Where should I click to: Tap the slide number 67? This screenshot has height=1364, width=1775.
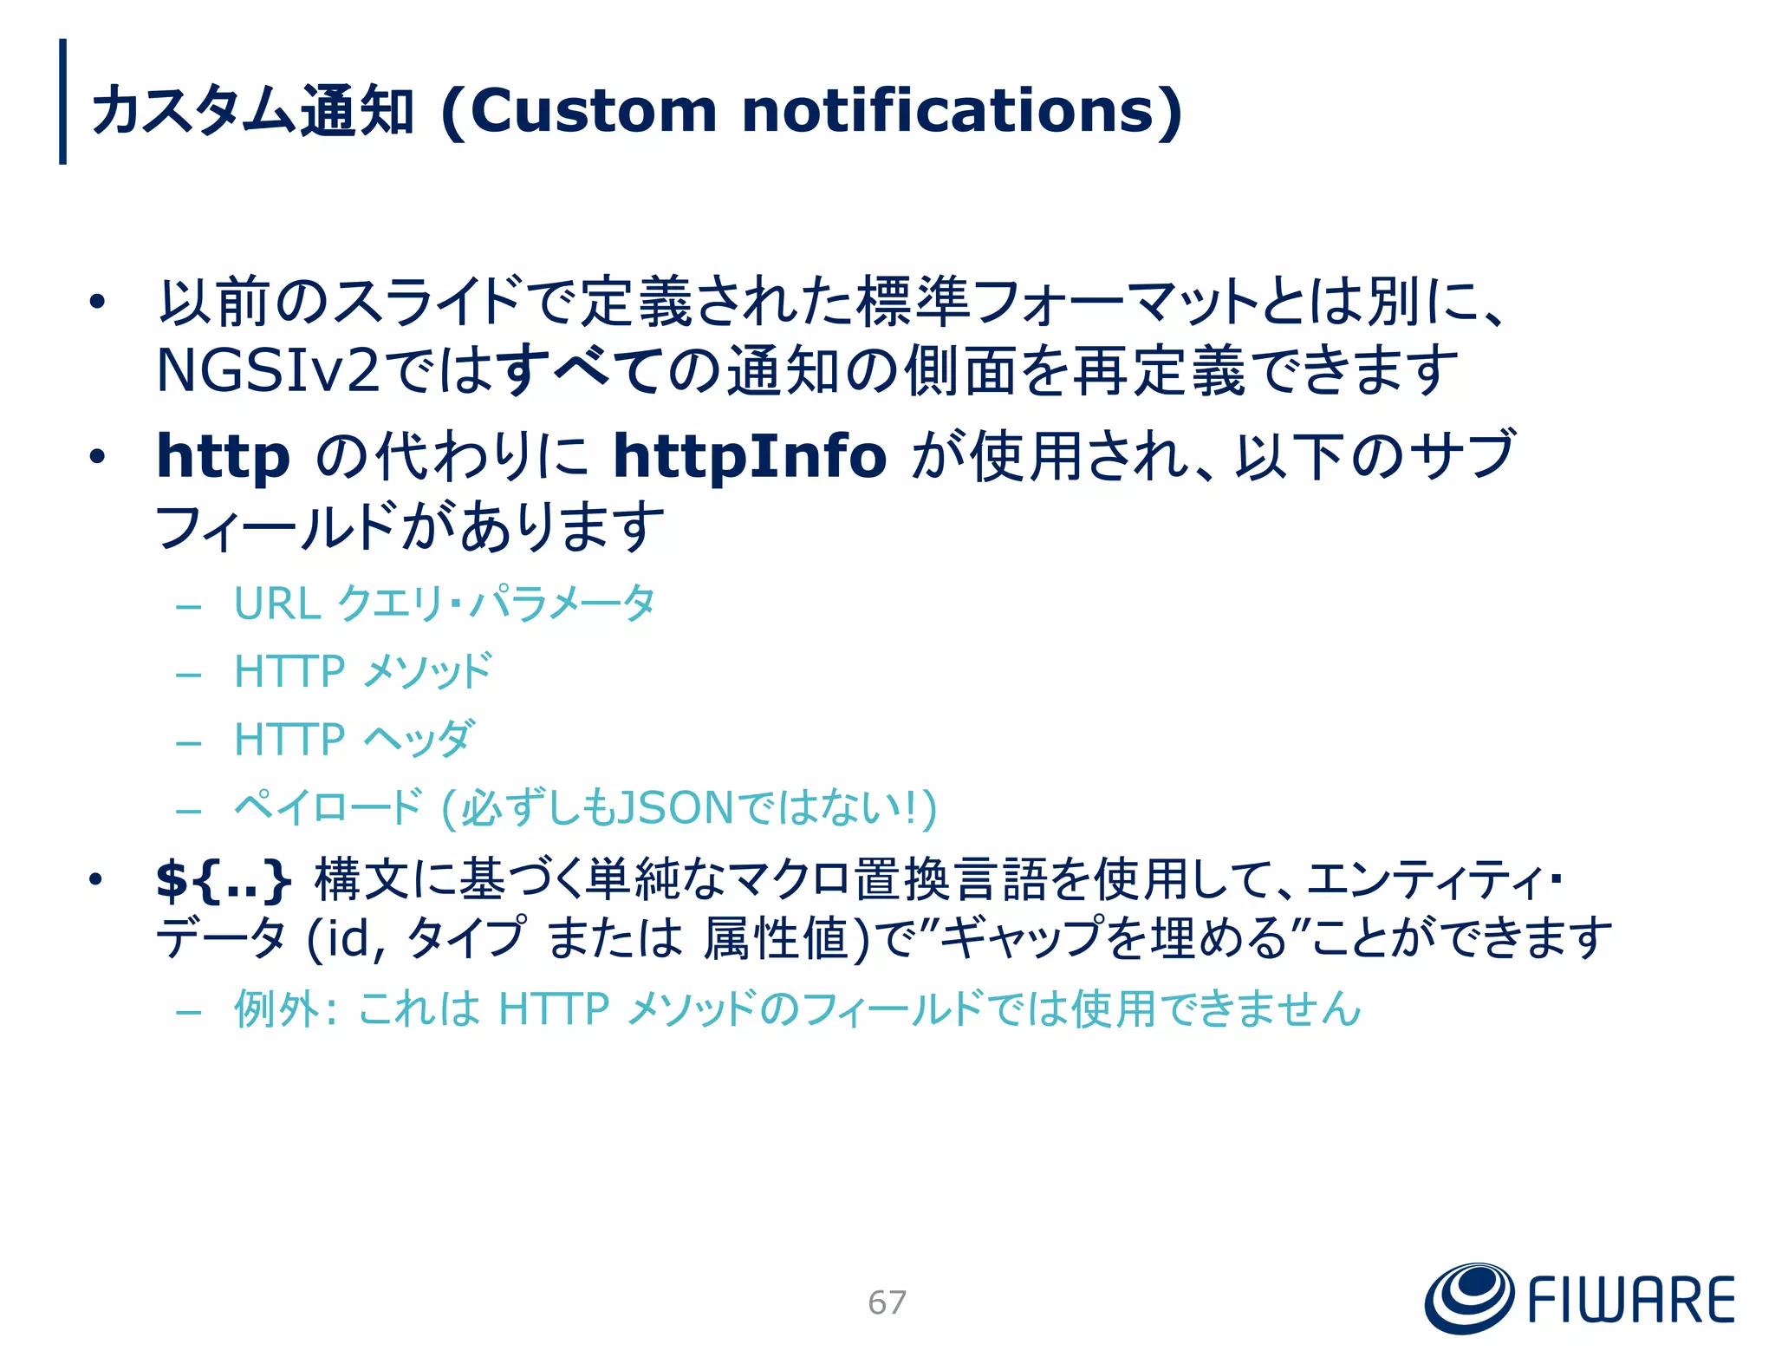(x=887, y=1302)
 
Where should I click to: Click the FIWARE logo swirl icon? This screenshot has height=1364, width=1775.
(x=1468, y=1298)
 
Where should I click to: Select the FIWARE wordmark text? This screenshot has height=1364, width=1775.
(x=1630, y=1300)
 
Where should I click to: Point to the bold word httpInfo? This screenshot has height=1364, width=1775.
(x=750, y=456)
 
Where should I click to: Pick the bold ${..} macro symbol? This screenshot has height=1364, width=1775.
(x=223, y=880)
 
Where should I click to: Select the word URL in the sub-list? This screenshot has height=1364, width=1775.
(x=277, y=604)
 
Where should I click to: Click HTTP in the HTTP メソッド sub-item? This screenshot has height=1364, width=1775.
(x=289, y=672)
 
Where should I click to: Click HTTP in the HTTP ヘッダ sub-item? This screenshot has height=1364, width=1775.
(x=289, y=741)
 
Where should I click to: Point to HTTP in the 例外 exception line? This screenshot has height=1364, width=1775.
(x=554, y=1009)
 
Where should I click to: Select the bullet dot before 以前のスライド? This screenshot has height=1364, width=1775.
(x=97, y=302)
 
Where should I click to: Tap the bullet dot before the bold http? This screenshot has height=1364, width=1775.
(x=97, y=456)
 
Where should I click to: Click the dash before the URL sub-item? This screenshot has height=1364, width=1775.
(x=188, y=605)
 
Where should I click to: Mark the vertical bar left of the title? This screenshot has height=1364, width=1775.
(x=62, y=101)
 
